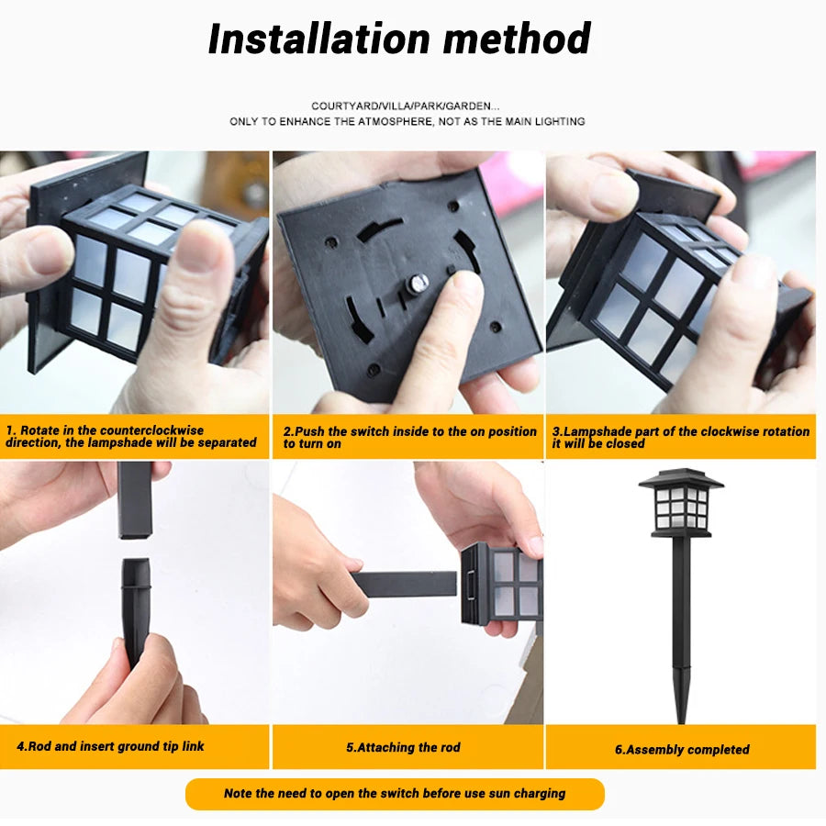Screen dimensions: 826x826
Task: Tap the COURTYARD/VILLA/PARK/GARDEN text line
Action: tap(406, 106)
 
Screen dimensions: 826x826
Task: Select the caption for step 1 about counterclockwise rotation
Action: tap(131, 436)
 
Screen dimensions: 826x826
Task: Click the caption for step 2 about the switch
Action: tap(409, 437)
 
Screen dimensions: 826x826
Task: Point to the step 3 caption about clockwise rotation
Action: tap(680, 437)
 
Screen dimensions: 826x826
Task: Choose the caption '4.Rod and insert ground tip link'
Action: tap(110, 746)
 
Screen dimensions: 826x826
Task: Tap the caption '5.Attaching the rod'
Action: tap(403, 747)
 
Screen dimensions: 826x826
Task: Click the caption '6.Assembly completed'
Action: tap(682, 749)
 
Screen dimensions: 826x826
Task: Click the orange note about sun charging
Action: tap(395, 793)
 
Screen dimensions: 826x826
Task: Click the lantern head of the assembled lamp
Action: tap(680, 505)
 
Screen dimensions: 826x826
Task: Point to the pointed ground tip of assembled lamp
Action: tap(680, 707)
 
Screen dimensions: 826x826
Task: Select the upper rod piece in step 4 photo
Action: tap(134, 499)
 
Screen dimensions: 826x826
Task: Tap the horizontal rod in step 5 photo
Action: tap(404, 584)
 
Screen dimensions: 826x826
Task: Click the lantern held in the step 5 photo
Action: tap(502, 584)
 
